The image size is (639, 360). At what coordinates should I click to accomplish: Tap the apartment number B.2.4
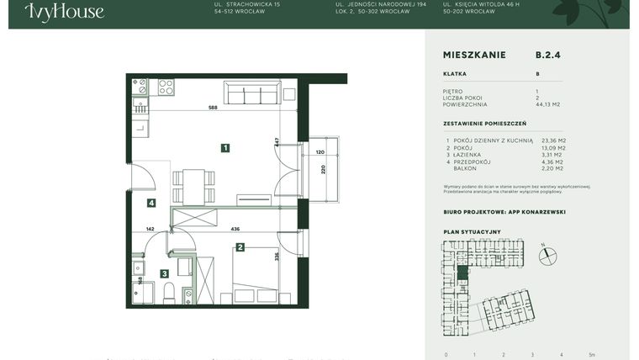[547, 55]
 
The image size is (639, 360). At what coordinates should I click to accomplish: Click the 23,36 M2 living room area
[553, 140]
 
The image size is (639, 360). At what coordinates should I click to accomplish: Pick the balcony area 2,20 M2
[553, 168]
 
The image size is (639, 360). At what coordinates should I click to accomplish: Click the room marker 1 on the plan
[225, 148]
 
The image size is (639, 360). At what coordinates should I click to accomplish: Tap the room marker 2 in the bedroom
[240, 247]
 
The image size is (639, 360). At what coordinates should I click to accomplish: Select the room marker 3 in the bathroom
[165, 273]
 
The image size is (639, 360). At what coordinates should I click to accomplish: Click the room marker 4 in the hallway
[151, 203]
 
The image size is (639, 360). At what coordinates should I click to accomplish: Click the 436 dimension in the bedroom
[235, 229]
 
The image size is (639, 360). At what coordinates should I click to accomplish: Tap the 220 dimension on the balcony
[323, 169]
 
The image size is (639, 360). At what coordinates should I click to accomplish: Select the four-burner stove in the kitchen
[166, 87]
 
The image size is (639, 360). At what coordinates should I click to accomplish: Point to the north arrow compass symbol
[548, 254]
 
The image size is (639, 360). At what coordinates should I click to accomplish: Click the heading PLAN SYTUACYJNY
[472, 231]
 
